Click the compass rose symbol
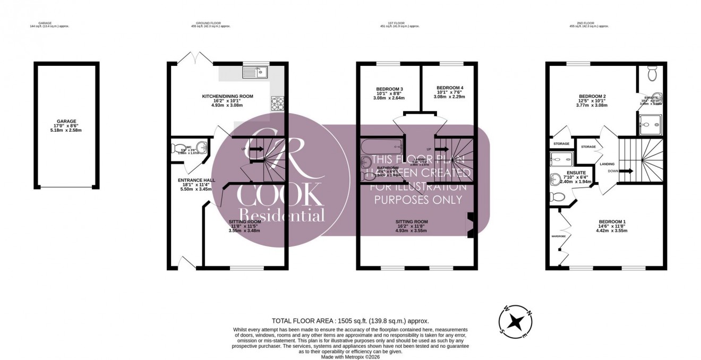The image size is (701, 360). tap(515, 322)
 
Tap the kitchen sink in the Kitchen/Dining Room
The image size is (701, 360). tap(257, 72)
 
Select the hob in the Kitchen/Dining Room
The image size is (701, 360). tap(277, 103)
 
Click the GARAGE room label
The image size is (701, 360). tap(67, 121)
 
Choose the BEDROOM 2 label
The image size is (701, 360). tap(592, 97)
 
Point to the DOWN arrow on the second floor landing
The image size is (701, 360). tap(625, 171)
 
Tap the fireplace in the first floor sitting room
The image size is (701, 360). tap(469, 225)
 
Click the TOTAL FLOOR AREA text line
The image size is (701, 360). tap(350, 321)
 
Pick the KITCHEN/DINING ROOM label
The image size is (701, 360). tap(227, 97)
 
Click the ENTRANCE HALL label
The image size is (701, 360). tap(196, 181)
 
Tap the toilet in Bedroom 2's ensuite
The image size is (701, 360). tap(653, 73)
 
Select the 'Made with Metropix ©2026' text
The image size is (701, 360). tap(350, 357)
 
